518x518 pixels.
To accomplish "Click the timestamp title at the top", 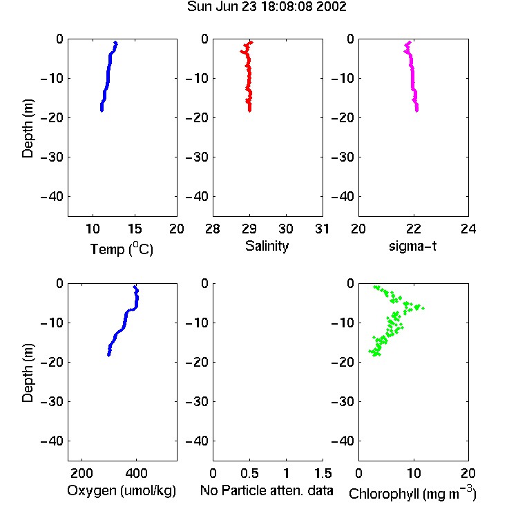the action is pyautogui.click(x=267, y=6).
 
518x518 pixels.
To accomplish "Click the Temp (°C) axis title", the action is pyautogui.click(x=122, y=249).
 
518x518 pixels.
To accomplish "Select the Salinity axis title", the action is pyautogui.click(x=267, y=246).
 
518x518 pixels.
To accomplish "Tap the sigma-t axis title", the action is pyautogui.click(x=412, y=246).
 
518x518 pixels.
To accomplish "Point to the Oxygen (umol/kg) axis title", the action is pyautogui.click(x=122, y=490).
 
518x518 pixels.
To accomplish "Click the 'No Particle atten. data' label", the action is pyautogui.click(x=267, y=490).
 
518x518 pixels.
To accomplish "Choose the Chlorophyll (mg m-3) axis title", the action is pyautogui.click(x=412, y=493).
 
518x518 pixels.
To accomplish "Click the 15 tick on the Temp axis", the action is pyautogui.click(x=135, y=229).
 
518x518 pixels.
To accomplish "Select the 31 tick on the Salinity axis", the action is pyautogui.click(x=322, y=229).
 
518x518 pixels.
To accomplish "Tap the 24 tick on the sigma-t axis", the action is pyautogui.click(x=468, y=229).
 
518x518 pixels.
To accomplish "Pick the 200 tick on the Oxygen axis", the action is pyautogui.click(x=81, y=473).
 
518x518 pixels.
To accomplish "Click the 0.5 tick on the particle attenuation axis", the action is pyautogui.click(x=249, y=473).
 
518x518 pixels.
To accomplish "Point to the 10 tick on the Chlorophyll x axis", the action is pyautogui.click(x=414, y=473).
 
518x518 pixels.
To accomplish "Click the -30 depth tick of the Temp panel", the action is pyautogui.click(x=52, y=157).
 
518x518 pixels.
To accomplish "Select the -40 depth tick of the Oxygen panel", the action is pyautogui.click(x=52, y=441).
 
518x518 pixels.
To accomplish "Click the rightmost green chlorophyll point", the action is pyautogui.click(x=423, y=308).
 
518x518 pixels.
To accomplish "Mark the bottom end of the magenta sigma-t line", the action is pyautogui.click(x=417, y=111).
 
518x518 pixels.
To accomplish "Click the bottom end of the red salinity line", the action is pyautogui.click(x=250, y=111).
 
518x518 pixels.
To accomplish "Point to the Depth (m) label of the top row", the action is pyautogui.click(x=28, y=128).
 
